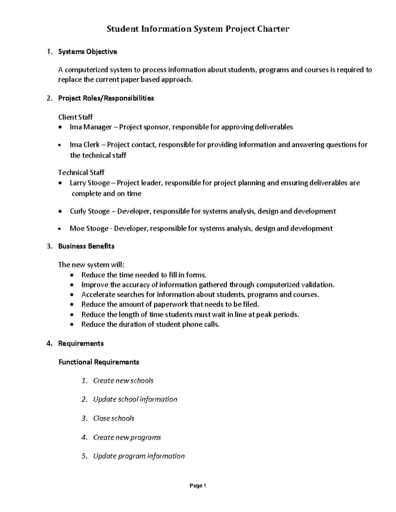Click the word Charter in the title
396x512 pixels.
[x=273, y=29]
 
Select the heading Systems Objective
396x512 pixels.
[x=87, y=52]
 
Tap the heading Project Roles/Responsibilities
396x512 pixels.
[x=106, y=98]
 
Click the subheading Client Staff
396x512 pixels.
[x=75, y=117]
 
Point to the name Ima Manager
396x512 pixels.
[x=90, y=127]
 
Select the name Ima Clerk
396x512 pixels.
[x=84, y=145]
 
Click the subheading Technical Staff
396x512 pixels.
[x=81, y=172]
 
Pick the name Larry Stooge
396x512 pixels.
[x=89, y=183]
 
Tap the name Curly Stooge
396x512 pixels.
[x=89, y=211]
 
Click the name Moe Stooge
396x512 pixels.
[x=89, y=228]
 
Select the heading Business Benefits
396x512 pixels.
[x=86, y=246]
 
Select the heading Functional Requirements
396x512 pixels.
[x=99, y=362]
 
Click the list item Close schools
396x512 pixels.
[x=114, y=418]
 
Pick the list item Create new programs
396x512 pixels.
[x=127, y=437]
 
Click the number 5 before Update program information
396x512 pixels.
[x=84, y=456]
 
